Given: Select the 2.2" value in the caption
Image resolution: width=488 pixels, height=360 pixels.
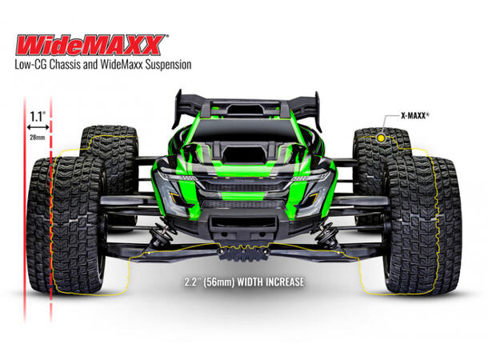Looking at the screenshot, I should (x=193, y=282).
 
